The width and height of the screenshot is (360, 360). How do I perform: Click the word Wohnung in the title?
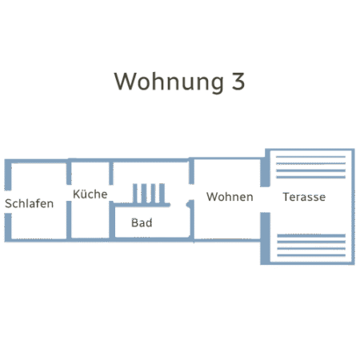pos(169,82)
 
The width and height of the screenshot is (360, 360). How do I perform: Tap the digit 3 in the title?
pos(238,81)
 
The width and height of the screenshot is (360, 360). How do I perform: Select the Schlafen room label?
pos(30,203)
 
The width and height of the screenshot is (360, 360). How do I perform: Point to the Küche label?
pos(90,194)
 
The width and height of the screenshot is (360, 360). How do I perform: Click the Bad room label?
pos(142,222)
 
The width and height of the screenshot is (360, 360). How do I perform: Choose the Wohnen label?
pos(230,197)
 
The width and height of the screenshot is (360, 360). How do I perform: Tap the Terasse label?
pos(304,197)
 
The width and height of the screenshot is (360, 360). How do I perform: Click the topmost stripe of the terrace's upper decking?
pos(310,157)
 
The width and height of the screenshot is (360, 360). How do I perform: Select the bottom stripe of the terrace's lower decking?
pos(311,255)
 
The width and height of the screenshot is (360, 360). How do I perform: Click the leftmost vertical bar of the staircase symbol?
pos(135,194)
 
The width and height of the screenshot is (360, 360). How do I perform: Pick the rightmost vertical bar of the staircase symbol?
pos(162,194)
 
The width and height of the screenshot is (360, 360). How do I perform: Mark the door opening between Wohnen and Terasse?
pos(265,199)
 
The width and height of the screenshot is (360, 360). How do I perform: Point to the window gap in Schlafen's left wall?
pos(8,202)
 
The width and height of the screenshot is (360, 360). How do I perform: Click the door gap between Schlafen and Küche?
pos(69,193)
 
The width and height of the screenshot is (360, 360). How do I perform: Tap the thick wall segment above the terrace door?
pos(265,172)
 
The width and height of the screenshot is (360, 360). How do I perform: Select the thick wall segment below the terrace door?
pos(265,238)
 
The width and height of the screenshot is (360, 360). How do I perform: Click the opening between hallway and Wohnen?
pos(191,192)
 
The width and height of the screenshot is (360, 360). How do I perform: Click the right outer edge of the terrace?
pos(353,206)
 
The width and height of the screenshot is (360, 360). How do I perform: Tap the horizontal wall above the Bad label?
pos(142,205)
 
